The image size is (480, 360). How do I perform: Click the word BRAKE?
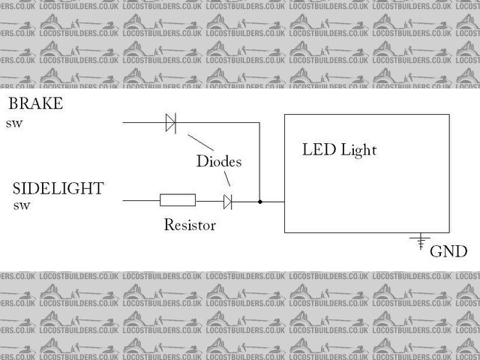[34, 104]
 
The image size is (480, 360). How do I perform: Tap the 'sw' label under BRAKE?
[14, 123]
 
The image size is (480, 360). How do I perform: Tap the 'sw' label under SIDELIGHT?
[22, 205]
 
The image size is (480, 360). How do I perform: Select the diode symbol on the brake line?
[170, 122]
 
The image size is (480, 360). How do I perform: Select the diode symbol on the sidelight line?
[227, 201]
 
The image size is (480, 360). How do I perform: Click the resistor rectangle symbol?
[178, 200]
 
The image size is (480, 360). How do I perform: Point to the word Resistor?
[190, 224]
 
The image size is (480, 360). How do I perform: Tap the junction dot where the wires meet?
[259, 202]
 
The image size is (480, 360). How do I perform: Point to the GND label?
[448, 251]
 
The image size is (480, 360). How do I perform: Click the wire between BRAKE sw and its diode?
[142, 122]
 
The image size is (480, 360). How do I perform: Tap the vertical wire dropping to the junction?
[259, 161]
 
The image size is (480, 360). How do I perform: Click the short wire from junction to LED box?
[271, 202]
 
